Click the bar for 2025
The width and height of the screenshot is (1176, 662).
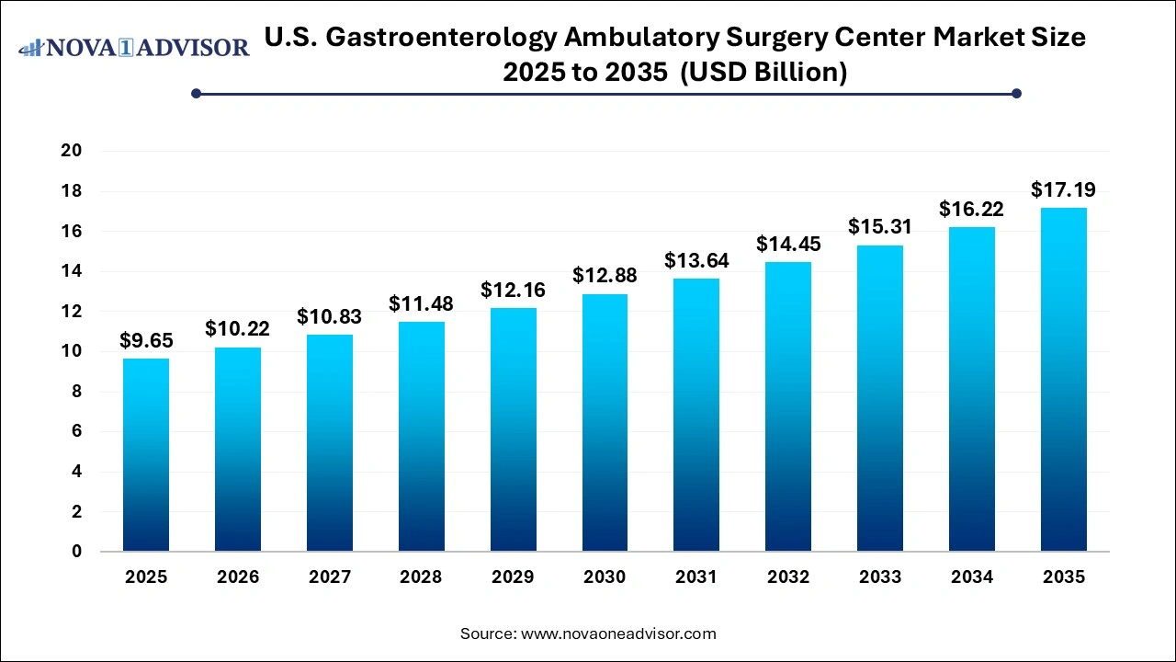[x=146, y=455]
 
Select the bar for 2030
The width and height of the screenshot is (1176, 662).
[x=605, y=423]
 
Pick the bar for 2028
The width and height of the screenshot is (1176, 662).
[x=421, y=437]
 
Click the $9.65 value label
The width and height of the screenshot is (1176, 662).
[x=146, y=341]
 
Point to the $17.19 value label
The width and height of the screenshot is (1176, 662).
[x=1064, y=190]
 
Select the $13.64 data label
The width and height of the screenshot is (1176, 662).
[x=696, y=261]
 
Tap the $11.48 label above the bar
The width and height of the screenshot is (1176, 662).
[x=421, y=303]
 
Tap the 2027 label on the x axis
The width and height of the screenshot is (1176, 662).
[x=329, y=577]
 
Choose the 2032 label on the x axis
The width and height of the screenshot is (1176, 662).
[x=788, y=577]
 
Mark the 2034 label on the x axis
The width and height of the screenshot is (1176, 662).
[x=972, y=577]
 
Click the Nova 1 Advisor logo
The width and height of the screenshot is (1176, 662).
[x=134, y=47]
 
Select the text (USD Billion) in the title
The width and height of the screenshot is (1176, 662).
[x=762, y=72]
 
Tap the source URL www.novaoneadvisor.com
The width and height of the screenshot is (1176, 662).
[x=618, y=633]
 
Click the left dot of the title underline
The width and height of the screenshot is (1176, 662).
[x=196, y=93]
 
